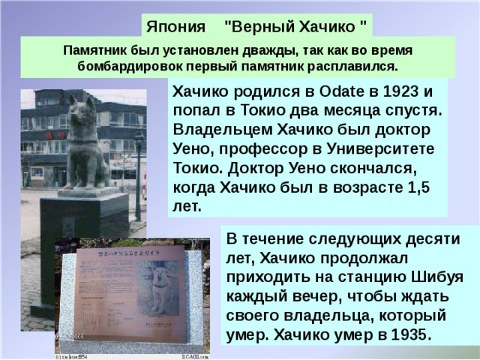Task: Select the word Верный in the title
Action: click(260, 29)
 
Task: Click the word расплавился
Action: click(355, 65)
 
